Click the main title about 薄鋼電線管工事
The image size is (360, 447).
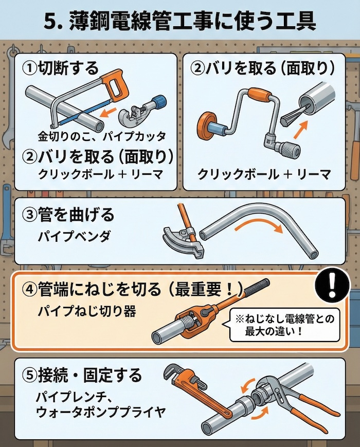click(180, 22)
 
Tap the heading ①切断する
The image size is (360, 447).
click(60, 67)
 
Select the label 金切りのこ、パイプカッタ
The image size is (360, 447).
click(102, 136)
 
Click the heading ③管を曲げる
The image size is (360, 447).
click(68, 214)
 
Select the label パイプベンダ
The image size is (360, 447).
click(70, 237)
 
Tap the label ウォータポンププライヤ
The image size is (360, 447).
click(101, 412)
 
